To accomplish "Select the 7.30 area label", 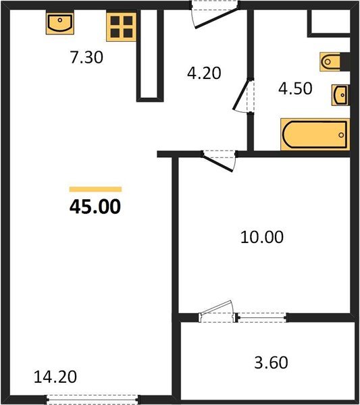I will (x=86, y=59).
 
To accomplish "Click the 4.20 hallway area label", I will (x=204, y=72).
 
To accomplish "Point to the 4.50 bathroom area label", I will (x=296, y=88).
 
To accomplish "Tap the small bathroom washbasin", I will (x=340, y=94).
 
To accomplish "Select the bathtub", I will (x=315, y=135).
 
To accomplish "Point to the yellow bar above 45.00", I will (x=95, y=190).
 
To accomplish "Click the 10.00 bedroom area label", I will (x=262, y=237).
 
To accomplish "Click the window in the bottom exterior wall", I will (x=93, y=400).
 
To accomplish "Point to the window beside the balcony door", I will (x=262, y=315).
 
